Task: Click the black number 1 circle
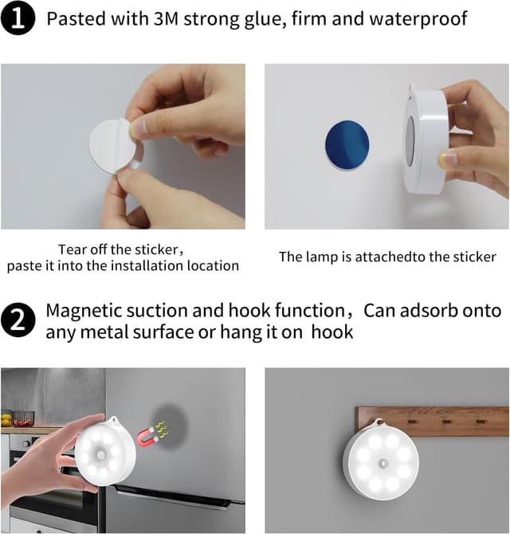18,18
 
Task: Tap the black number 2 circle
18,320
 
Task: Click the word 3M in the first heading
166,18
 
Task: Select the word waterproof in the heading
418,19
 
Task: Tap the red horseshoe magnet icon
147,437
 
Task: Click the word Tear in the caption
70,249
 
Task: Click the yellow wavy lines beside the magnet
162,430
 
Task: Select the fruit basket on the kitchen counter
23,418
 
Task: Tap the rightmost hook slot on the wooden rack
480,422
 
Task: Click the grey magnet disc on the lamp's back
410,140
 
